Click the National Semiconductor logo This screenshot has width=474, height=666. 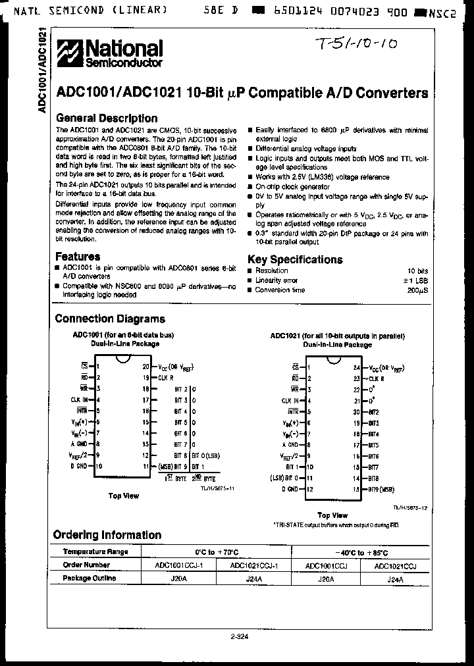(109, 53)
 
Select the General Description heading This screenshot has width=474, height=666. (106, 118)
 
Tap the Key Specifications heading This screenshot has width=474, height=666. (294, 259)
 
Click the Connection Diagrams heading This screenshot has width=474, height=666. (109, 319)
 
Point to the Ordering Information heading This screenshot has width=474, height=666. (107, 535)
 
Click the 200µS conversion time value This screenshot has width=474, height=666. (416, 290)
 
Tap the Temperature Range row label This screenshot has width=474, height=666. (95, 552)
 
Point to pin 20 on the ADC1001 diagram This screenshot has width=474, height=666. (146, 367)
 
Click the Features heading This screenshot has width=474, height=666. (78, 257)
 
